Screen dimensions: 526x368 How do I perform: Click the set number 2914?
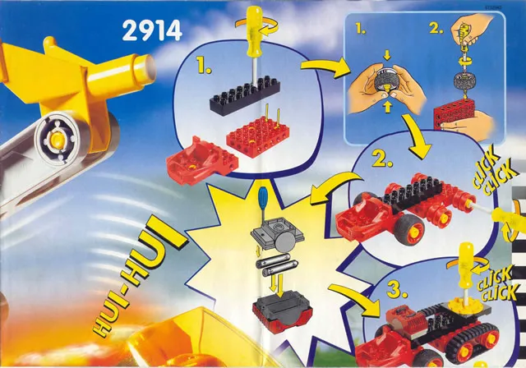point(152,30)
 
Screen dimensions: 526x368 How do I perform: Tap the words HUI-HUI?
point(138,276)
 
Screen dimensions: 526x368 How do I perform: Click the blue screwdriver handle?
point(263,197)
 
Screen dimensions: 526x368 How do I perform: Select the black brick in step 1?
point(245,94)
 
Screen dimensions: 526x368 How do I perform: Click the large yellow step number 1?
point(204,67)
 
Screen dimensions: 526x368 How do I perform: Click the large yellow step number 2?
point(382,159)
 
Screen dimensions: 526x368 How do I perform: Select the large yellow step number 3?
point(397,290)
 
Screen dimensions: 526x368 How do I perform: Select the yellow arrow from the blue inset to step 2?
point(417,135)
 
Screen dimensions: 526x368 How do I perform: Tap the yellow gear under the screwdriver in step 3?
point(464,304)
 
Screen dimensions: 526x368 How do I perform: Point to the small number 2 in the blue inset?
point(436,29)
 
